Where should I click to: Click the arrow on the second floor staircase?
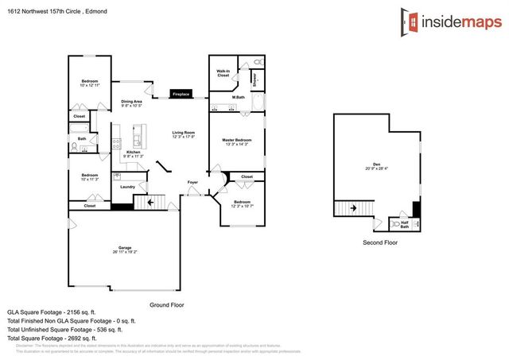tap(344, 209)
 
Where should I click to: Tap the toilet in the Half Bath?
tap(397, 224)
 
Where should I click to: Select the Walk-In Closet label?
tap(223, 73)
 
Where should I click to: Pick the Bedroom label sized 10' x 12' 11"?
tap(89, 83)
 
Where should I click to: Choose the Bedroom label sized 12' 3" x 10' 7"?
tap(242, 203)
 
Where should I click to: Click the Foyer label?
tap(192, 182)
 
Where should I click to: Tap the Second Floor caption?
tap(379, 242)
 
